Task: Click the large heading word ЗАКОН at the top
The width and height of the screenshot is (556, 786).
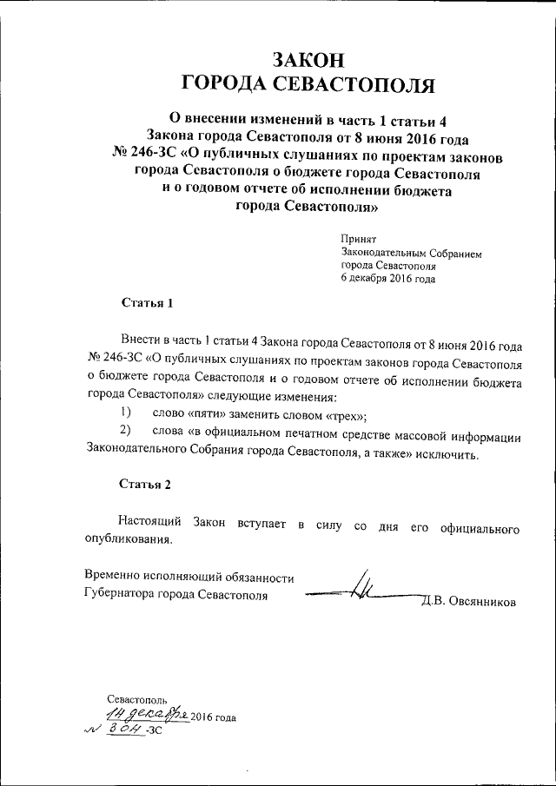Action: tap(308, 58)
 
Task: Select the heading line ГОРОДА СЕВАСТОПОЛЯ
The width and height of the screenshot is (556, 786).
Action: tap(308, 83)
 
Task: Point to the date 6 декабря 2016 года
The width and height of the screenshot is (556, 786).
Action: tap(387, 279)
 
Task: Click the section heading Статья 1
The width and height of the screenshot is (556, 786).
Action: tap(147, 303)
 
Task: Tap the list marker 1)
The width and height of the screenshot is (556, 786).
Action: tap(126, 413)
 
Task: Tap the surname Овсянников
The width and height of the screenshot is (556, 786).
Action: tap(478, 601)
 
